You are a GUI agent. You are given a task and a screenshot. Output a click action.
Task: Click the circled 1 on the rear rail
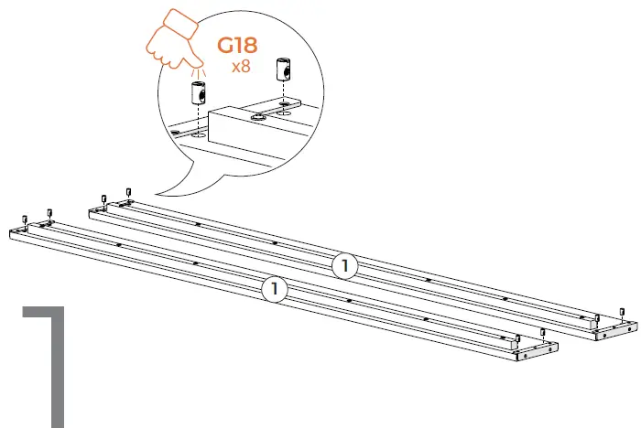(343, 265)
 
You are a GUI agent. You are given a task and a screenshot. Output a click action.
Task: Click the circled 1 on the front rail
(273, 290)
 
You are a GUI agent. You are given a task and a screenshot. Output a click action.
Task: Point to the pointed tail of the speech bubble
(158, 193)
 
